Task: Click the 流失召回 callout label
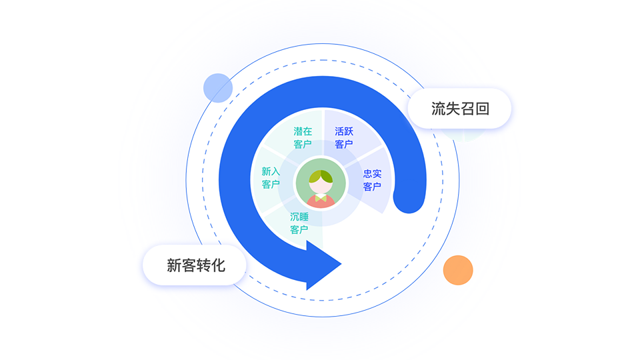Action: [x=460, y=109]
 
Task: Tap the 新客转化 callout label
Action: [x=196, y=265]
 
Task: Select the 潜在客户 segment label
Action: [x=303, y=137]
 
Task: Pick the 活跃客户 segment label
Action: [x=344, y=137]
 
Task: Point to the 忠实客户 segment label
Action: [x=372, y=181]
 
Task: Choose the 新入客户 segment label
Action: [x=271, y=178]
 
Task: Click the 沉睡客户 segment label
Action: [x=299, y=223]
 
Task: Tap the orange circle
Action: [x=458, y=270]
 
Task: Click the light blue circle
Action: [x=218, y=88]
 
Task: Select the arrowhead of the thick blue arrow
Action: [x=321, y=265]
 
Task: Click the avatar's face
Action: [x=321, y=186]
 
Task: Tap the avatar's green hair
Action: [x=321, y=176]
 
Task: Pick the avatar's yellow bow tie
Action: [x=321, y=198]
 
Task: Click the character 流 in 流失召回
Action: [x=439, y=109]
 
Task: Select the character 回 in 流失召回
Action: [x=482, y=109]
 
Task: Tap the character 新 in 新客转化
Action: [x=174, y=265]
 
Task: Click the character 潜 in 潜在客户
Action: [x=298, y=131]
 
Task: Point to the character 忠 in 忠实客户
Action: [x=367, y=174]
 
